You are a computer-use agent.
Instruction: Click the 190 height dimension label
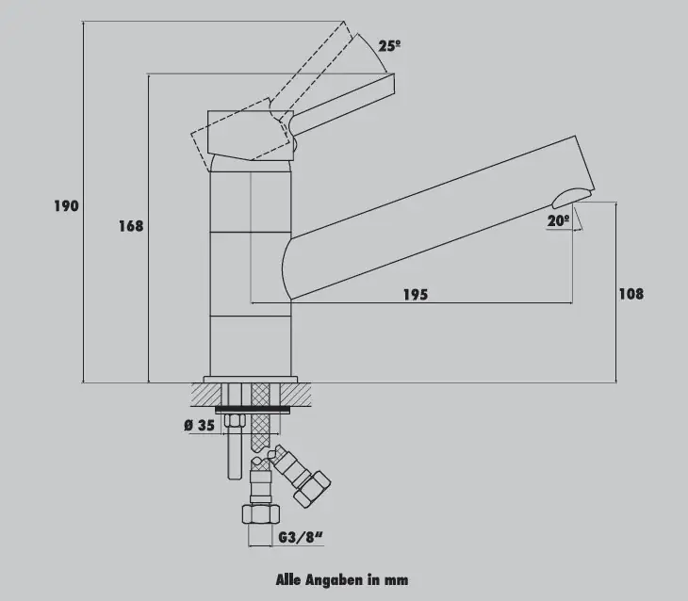tap(66, 205)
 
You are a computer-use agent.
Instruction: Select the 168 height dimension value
tap(131, 226)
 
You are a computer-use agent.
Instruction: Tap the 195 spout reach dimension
tap(416, 294)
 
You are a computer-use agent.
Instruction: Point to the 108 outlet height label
tap(631, 294)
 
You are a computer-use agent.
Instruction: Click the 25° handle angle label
tap(389, 45)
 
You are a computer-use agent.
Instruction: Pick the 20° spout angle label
tap(559, 220)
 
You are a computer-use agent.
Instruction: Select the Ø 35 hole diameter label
tap(200, 425)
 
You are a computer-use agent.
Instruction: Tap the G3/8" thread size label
tap(301, 537)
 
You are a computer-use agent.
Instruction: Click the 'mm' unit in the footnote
tap(396, 580)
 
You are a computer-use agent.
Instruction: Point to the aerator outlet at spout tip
tap(572, 198)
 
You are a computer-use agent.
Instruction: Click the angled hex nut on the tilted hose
tap(312, 490)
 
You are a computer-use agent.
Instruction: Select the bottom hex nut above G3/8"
tap(261, 513)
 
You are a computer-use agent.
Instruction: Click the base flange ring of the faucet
tap(250, 380)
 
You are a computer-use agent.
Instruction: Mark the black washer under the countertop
tap(253, 410)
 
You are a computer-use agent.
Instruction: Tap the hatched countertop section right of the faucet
tap(296, 394)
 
